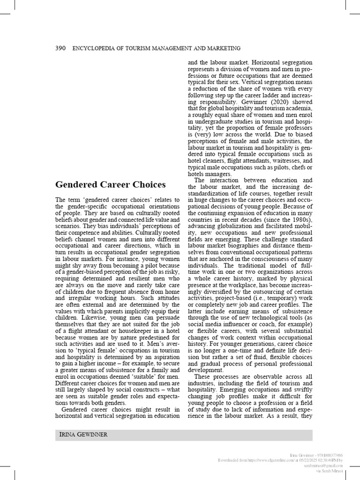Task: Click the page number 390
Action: tap(61, 48)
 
